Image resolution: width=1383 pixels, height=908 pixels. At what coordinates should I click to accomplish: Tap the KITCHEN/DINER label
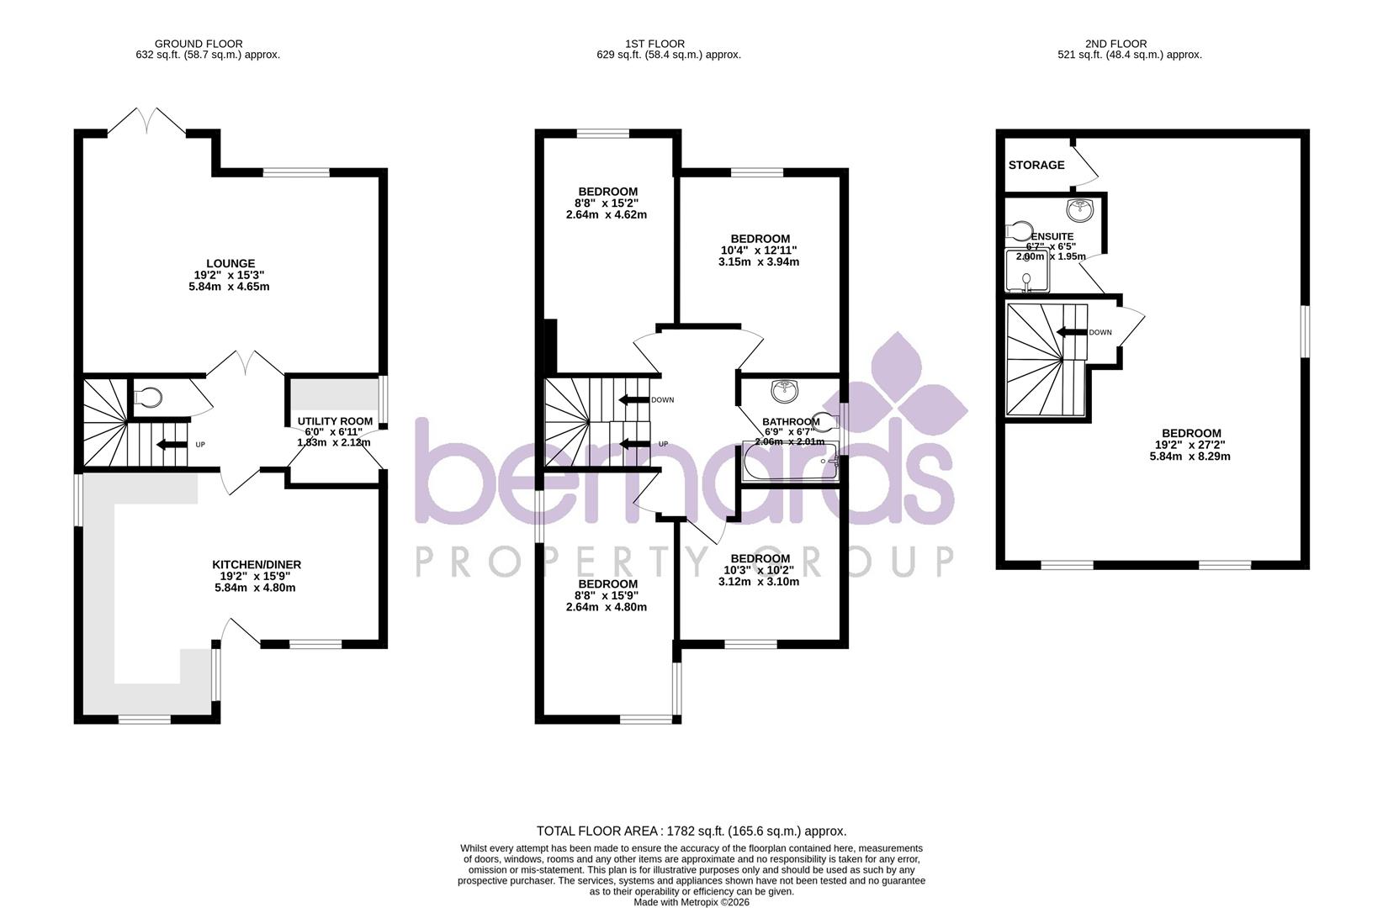click(x=256, y=565)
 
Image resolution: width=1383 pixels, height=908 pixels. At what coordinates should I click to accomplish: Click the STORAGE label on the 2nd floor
click(x=1036, y=166)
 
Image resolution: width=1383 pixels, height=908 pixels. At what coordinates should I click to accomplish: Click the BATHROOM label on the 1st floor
click(x=790, y=421)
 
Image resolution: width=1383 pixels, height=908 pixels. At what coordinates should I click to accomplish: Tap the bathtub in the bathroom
click(x=790, y=462)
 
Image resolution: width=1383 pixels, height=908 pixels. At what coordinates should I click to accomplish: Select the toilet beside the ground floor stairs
click(x=149, y=395)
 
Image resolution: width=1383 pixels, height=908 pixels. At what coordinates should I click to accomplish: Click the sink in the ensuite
click(x=1078, y=209)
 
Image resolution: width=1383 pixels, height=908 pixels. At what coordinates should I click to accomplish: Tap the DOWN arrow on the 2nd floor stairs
click(x=1071, y=332)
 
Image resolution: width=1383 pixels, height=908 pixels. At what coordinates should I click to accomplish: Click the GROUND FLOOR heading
click(x=199, y=44)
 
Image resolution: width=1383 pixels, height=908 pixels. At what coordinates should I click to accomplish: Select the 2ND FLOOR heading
click(x=1115, y=44)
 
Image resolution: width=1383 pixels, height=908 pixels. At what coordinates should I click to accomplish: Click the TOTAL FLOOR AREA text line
click(x=691, y=831)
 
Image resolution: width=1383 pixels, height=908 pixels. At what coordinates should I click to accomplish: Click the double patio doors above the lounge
click(x=147, y=120)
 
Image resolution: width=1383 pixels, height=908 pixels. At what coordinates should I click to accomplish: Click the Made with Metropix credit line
click(x=691, y=902)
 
